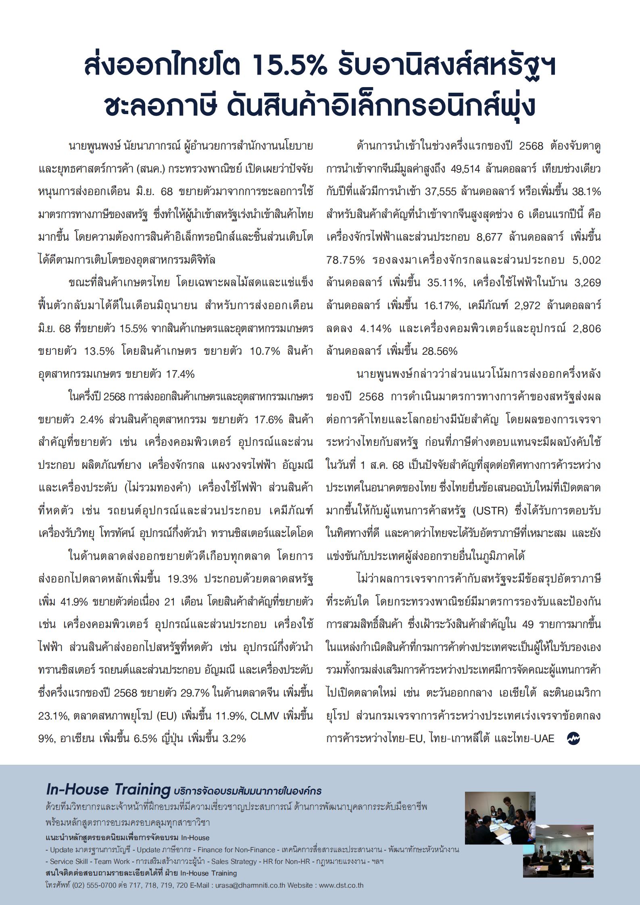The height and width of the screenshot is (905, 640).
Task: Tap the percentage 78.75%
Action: point(345,260)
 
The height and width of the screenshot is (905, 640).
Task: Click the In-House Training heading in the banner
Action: point(108,788)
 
